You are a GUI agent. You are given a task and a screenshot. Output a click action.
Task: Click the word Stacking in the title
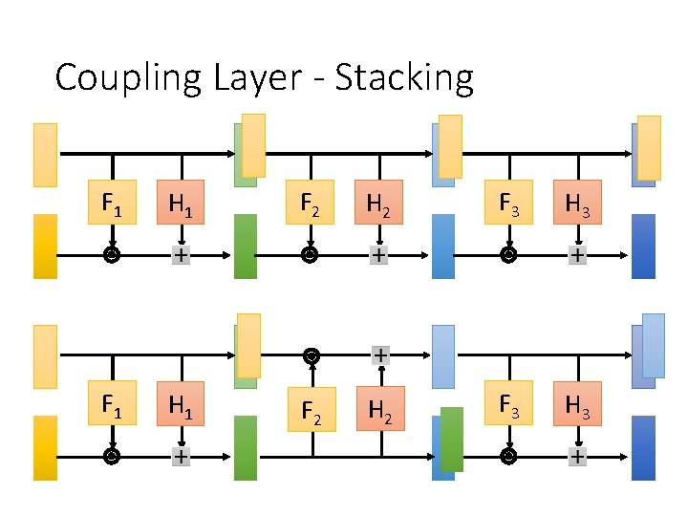pos(404,78)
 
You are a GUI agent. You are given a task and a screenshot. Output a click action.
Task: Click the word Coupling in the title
pos(128,78)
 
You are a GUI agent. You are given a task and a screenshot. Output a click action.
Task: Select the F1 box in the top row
pos(113,202)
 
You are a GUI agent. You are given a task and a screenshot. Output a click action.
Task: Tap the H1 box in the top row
pos(181,202)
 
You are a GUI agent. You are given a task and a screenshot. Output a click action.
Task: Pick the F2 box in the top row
pos(310,202)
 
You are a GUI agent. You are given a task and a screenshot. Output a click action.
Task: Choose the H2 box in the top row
pos(378,202)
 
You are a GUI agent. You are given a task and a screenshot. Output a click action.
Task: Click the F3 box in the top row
pos(508,202)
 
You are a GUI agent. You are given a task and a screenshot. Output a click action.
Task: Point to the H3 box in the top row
pos(577,202)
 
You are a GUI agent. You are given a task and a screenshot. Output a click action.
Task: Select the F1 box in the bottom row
pos(113,403)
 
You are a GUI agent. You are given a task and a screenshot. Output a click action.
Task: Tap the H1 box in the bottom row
pos(181,403)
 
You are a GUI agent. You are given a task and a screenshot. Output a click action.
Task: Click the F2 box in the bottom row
pos(312,409)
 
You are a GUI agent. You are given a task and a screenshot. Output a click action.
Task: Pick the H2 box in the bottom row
pos(381,409)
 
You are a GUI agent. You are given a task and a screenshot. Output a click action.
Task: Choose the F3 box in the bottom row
pos(508,403)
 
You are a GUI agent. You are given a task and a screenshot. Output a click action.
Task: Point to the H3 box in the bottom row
pos(577,403)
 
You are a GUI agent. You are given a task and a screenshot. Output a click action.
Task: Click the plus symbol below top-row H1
pos(182,255)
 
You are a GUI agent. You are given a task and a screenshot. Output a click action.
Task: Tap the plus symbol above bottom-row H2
pos(381,355)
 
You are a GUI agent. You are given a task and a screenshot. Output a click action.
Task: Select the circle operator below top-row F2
pos(310,255)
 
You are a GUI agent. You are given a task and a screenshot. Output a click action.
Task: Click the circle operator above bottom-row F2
pos(312,355)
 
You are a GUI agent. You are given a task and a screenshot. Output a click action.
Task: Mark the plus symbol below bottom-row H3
pos(578,457)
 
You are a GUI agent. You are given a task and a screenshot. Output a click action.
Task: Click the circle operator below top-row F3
pos(508,255)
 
